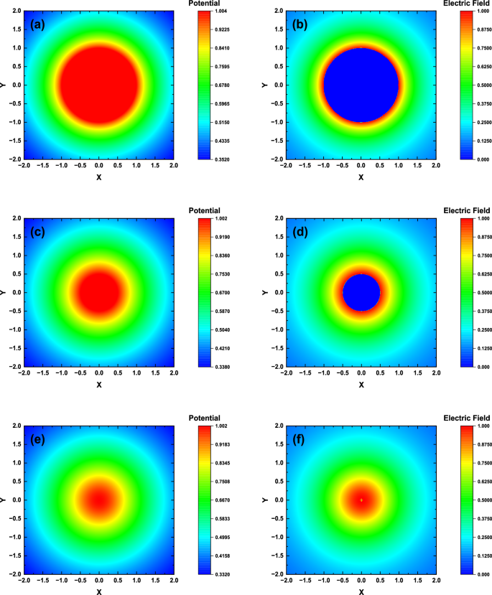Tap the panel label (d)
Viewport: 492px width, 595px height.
click(x=302, y=231)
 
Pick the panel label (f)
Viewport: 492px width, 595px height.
click(x=302, y=439)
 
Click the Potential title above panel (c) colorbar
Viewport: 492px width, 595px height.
click(x=204, y=210)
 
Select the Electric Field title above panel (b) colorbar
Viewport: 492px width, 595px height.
click(x=466, y=4)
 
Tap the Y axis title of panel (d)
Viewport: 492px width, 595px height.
click(x=265, y=291)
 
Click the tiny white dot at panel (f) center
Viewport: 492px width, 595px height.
click(x=361, y=500)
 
